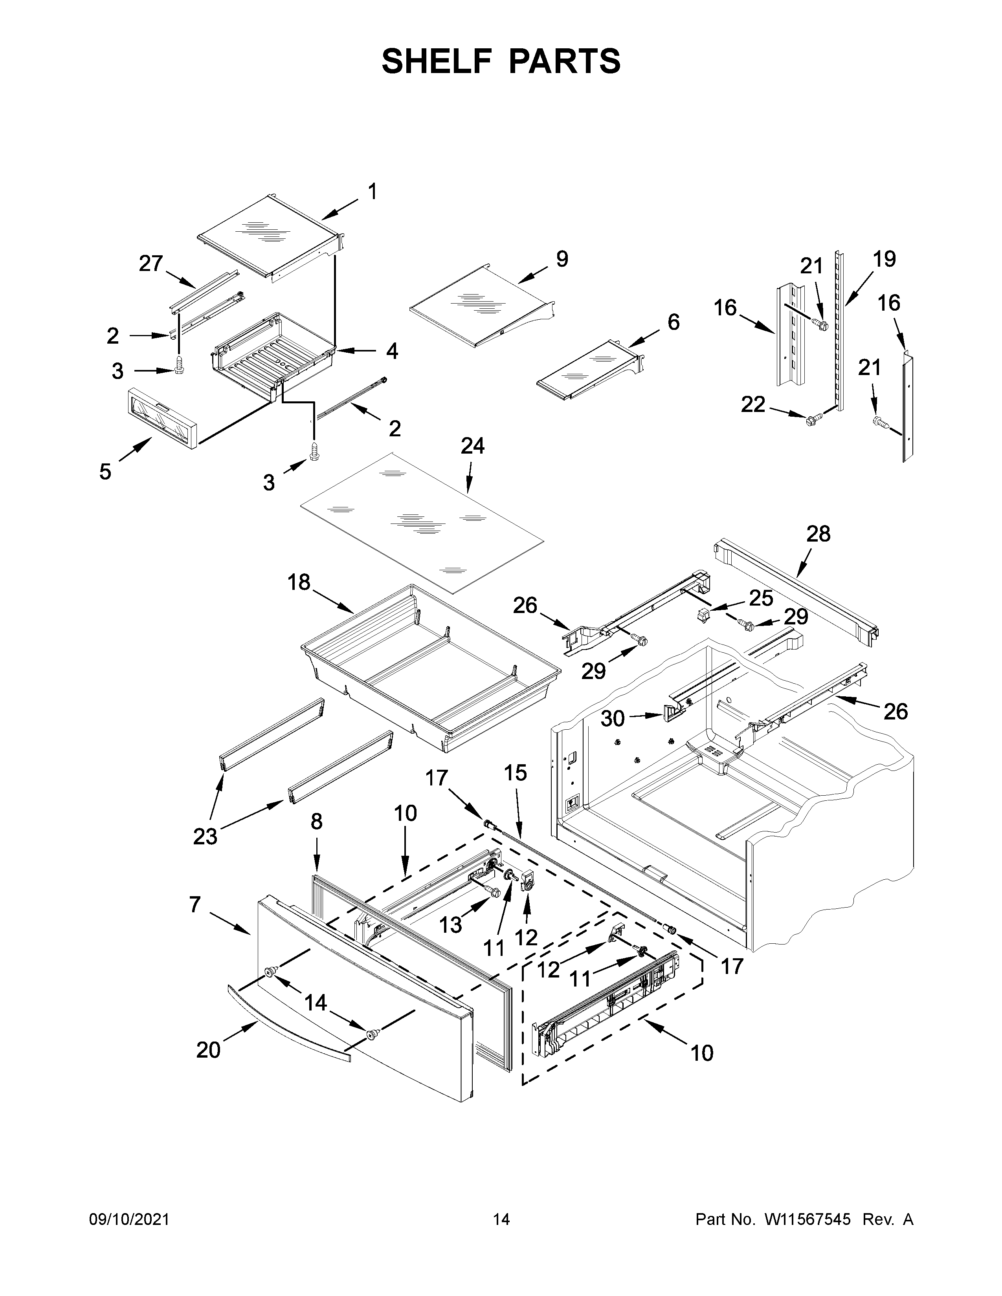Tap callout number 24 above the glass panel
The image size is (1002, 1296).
(472, 446)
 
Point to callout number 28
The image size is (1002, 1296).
(818, 534)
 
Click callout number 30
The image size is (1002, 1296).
(613, 719)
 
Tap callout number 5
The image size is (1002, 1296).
(105, 472)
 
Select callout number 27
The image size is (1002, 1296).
(151, 264)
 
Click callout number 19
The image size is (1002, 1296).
(884, 259)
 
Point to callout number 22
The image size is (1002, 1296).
(753, 405)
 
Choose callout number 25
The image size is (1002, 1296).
(761, 598)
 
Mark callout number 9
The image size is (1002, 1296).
(562, 259)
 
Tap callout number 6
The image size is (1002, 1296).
(673, 322)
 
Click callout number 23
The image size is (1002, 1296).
(206, 837)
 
